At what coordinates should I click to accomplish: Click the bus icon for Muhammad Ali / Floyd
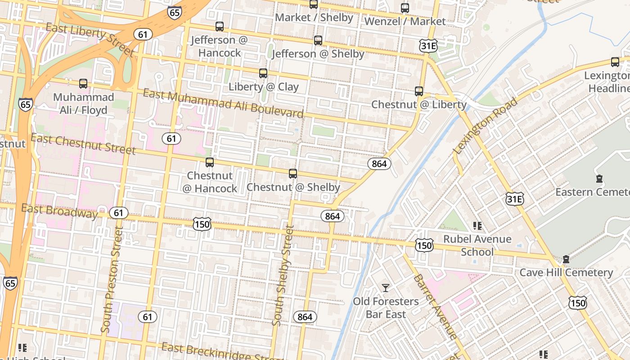coord(83,84)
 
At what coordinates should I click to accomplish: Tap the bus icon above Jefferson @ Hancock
coord(220,27)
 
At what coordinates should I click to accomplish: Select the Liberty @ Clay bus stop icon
coord(263,73)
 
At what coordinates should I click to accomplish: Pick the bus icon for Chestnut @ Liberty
coord(419,91)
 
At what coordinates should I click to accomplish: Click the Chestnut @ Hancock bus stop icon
coord(210,162)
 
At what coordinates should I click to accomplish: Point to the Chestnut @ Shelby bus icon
coord(293,174)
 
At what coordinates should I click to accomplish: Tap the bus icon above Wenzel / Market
coord(405,8)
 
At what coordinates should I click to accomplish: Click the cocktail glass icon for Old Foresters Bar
coord(386,288)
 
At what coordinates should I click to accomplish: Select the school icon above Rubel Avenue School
coord(477,225)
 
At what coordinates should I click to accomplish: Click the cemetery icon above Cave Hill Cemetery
coord(566,259)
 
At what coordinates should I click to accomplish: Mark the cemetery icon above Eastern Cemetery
coord(599,179)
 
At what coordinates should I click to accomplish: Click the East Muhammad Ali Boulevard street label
coord(223,103)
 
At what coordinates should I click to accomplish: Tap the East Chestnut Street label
coord(83,144)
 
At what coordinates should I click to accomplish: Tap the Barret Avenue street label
coord(435,306)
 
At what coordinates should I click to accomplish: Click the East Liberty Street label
coord(90,40)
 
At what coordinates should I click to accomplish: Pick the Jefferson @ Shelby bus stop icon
coord(318,40)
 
